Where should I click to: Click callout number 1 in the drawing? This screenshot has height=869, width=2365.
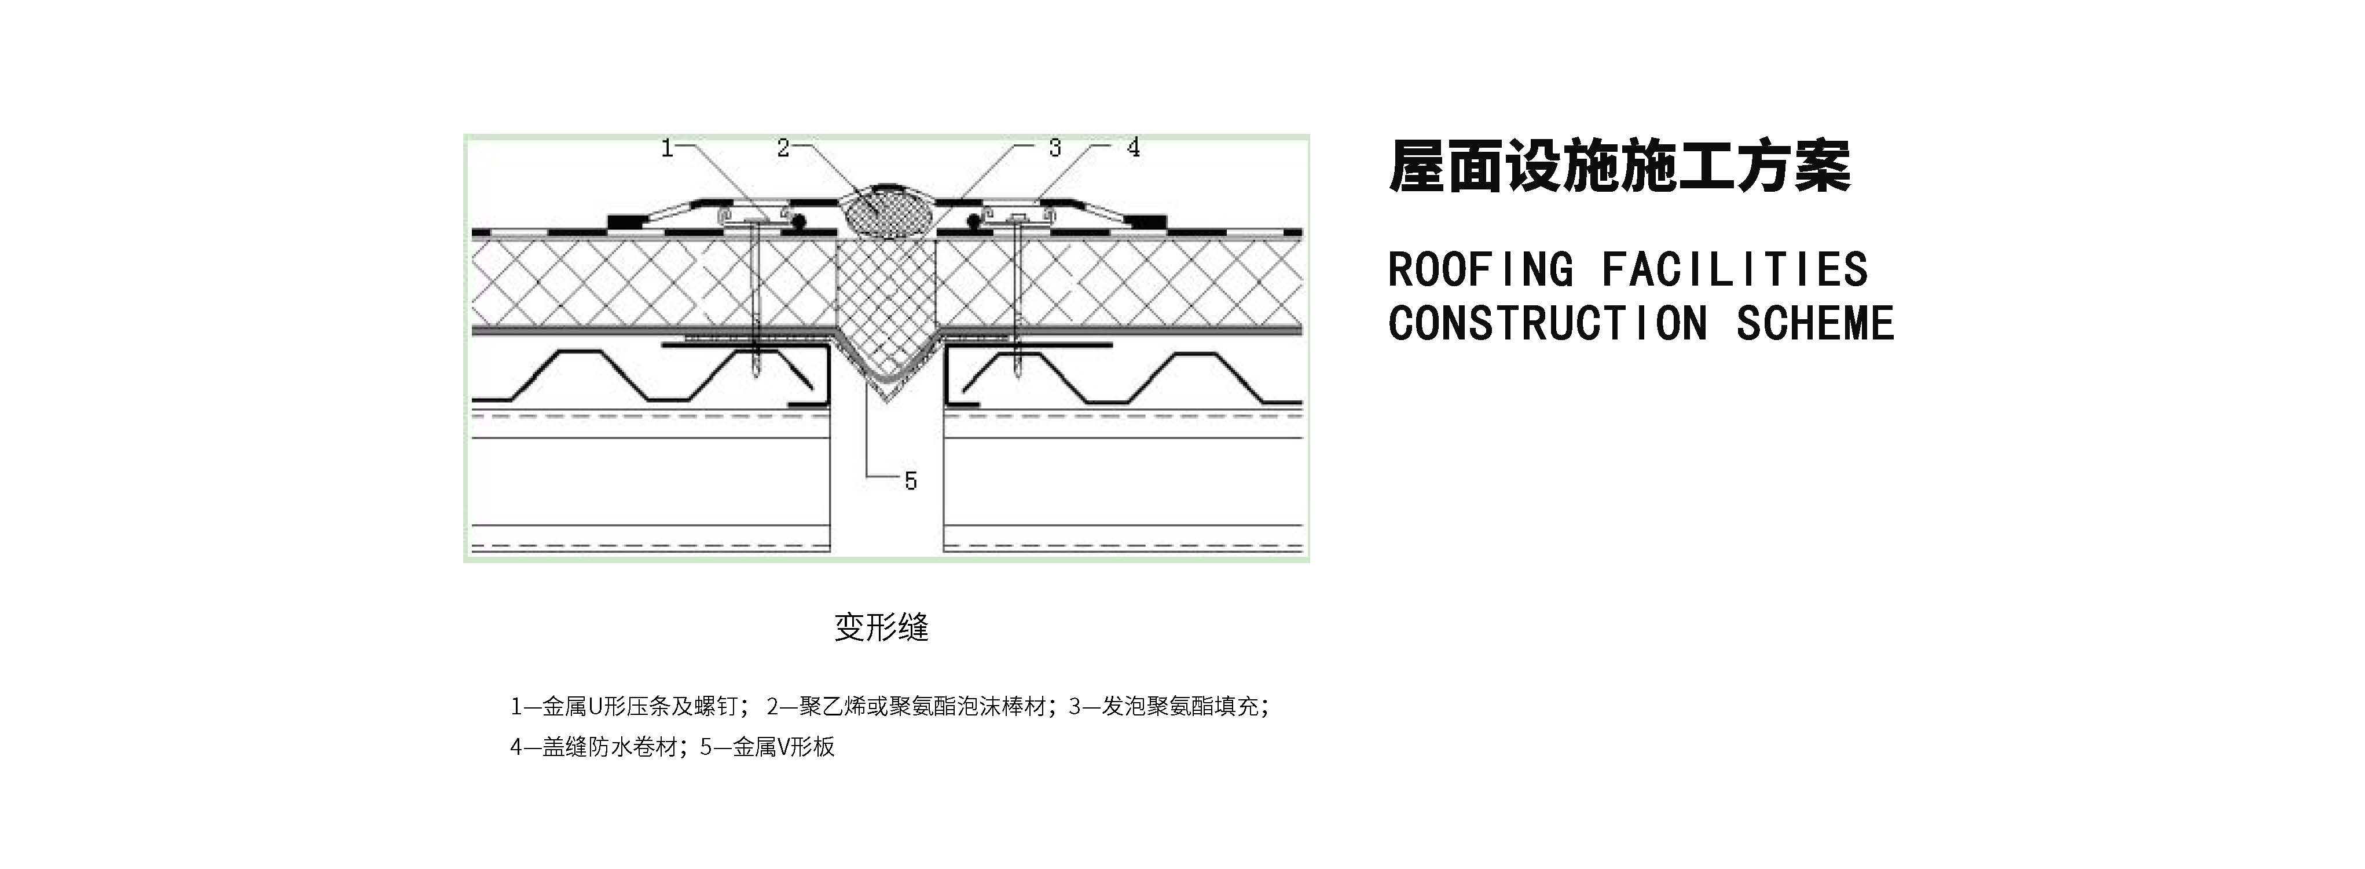pyautogui.click(x=668, y=148)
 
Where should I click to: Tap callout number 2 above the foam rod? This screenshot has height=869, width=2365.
pyautogui.click(x=783, y=148)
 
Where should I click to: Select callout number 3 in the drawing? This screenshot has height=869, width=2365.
pyautogui.click(x=1055, y=148)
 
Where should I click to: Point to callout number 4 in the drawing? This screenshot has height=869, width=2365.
pyautogui.click(x=1134, y=148)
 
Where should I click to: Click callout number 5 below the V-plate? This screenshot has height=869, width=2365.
pyautogui.click(x=910, y=480)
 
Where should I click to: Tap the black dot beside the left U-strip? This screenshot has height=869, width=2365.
pyautogui.click(x=800, y=221)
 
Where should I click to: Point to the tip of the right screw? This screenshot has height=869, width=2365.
pyautogui.click(x=1019, y=376)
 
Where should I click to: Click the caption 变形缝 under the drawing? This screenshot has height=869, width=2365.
pyautogui.click(x=881, y=627)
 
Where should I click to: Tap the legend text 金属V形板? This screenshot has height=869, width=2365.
pyautogui.click(x=783, y=747)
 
